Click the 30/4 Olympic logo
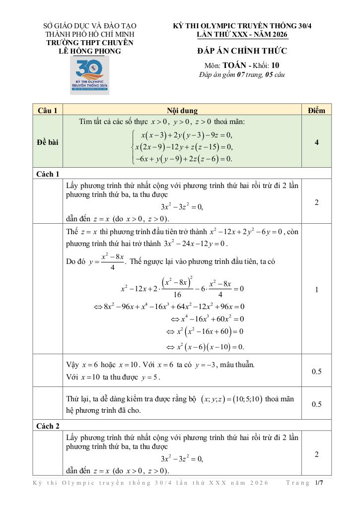tap(89, 74)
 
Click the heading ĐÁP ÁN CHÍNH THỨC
tap(242, 51)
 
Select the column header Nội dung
tap(182, 110)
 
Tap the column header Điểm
tap(316, 110)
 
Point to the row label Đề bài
tap(48, 142)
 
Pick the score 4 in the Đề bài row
tap(316, 142)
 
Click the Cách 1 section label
tap(49, 174)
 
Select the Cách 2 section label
tap(49, 425)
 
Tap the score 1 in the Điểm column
tap(316, 290)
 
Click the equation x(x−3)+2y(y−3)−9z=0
tap(187, 135)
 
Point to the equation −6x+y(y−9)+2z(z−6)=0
tap(184, 159)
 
